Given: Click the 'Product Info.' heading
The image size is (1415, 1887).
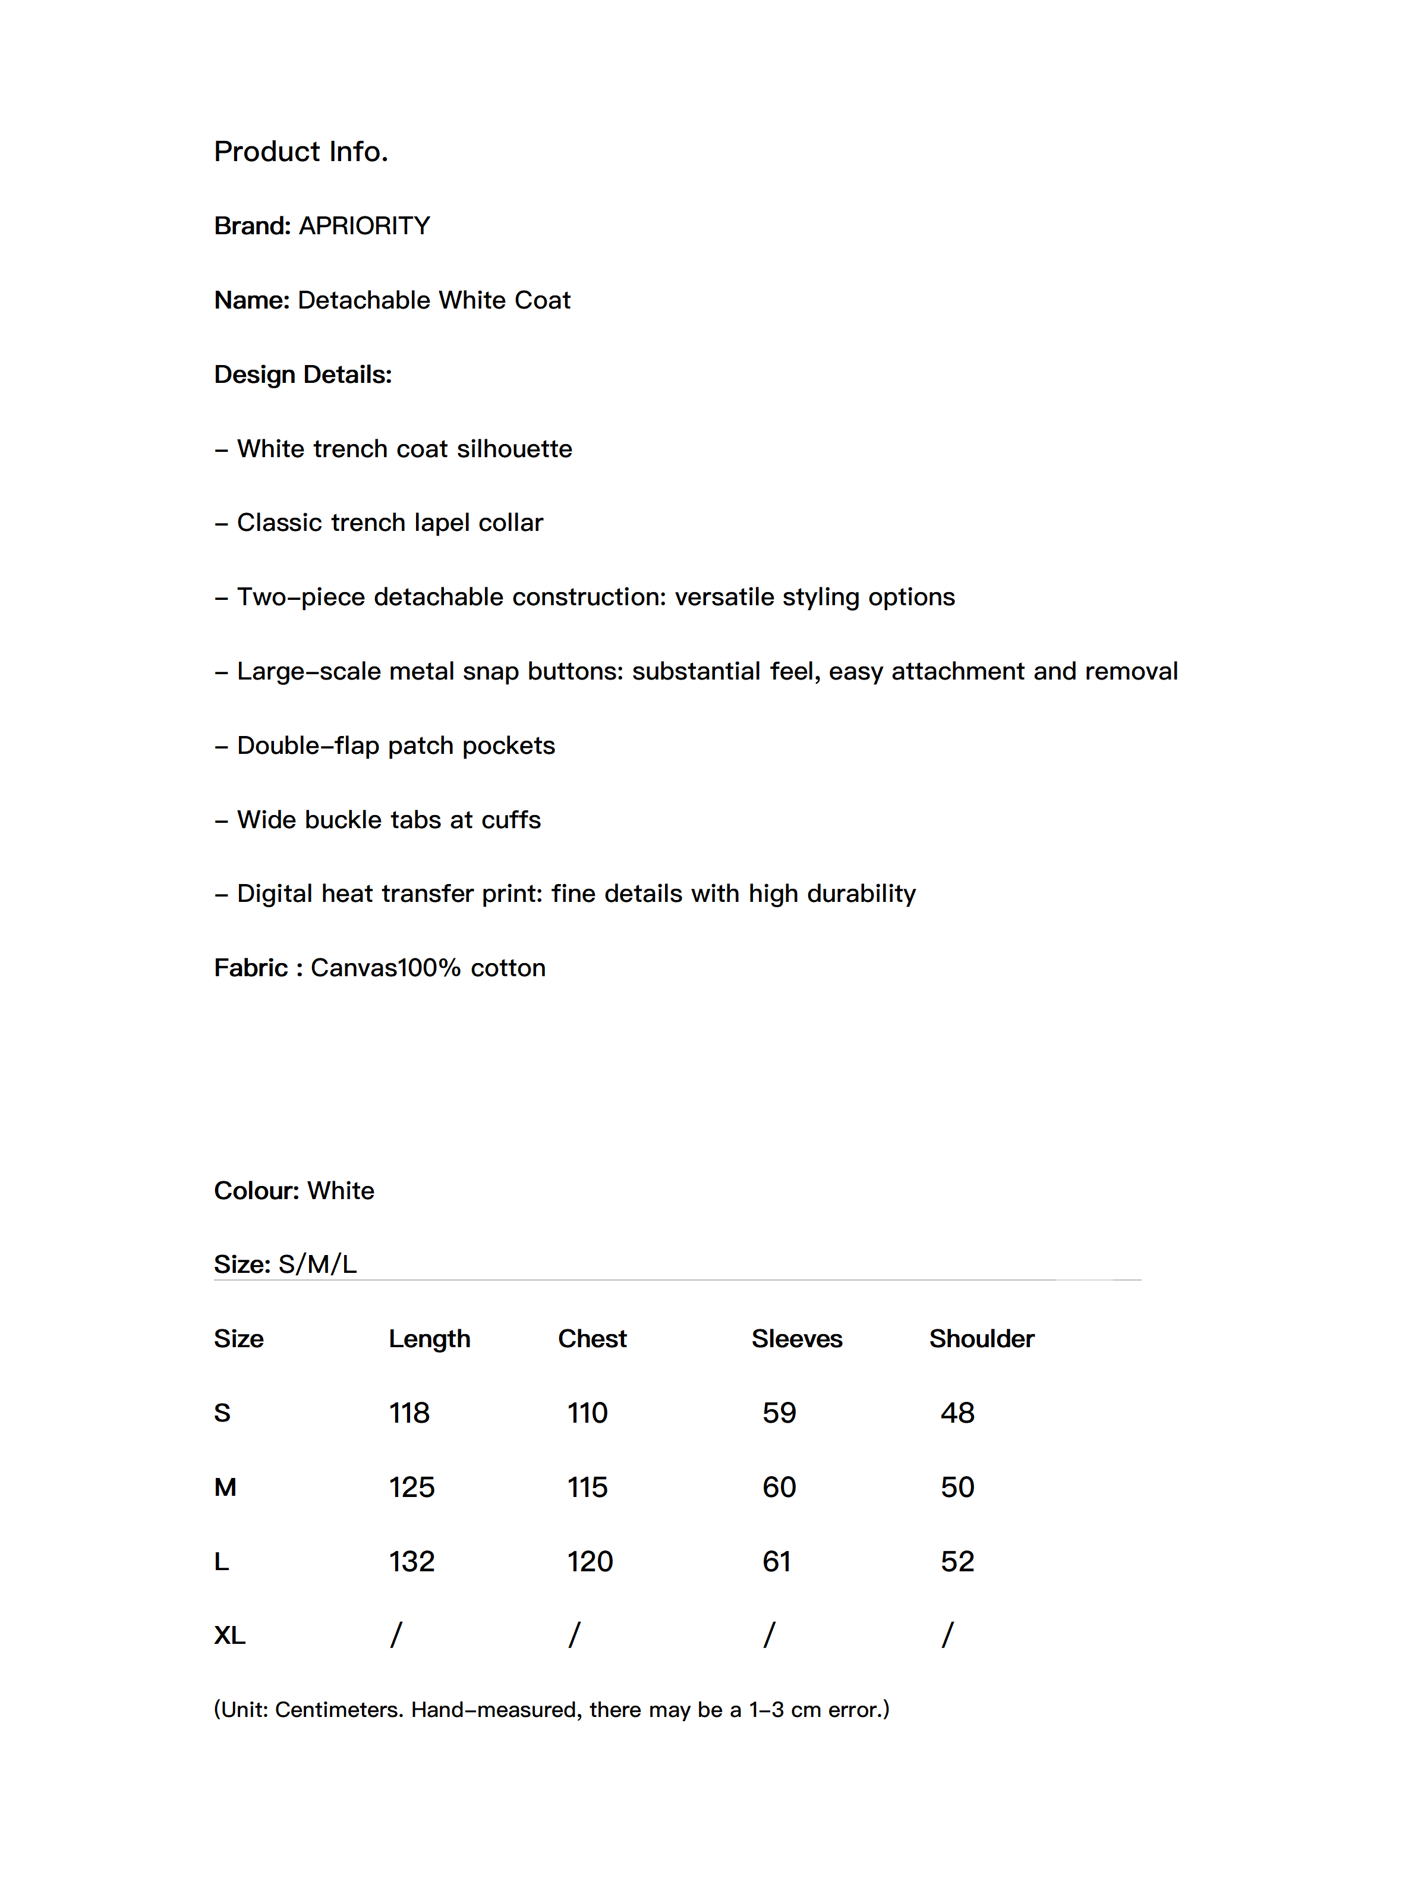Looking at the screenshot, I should click(x=301, y=151).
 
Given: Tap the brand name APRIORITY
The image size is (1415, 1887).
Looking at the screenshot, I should click(x=364, y=226).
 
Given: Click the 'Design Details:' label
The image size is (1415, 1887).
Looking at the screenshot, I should click(x=302, y=375).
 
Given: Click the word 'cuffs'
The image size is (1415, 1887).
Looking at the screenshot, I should click(x=511, y=820).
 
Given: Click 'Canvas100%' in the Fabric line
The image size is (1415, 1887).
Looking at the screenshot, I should click(x=386, y=968).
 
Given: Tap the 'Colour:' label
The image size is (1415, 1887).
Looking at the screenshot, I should click(x=257, y=1191).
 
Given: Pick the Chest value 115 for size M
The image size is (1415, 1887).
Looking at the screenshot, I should click(x=588, y=1487).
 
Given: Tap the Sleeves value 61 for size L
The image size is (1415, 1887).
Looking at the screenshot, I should click(x=777, y=1562).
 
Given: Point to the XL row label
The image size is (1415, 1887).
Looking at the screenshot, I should click(x=229, y=1636).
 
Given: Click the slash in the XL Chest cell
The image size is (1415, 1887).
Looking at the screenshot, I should click(x=574, y=1636).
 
